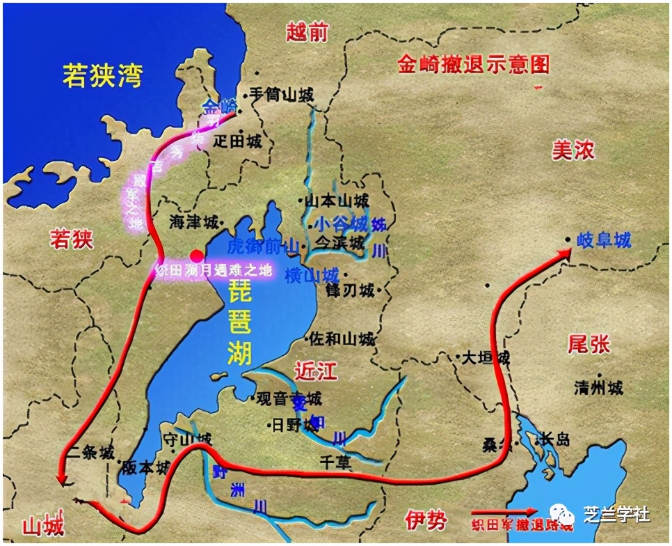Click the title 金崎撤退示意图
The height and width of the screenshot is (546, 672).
tap(474, 65)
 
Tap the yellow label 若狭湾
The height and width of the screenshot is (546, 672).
tap(102, 75)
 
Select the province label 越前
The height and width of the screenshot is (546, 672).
tap(307, 31)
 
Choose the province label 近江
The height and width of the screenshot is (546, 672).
tap(315, 371)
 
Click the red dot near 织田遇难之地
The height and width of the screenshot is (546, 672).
tap(196, 256)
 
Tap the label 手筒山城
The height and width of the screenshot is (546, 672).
tap(281, 96)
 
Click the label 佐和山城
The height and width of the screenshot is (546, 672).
tap(341, 339)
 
